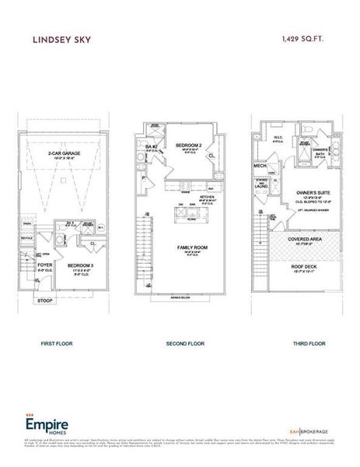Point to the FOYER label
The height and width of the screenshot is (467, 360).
click(x=44, y=265)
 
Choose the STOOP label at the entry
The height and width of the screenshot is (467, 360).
click(x=44, y=300)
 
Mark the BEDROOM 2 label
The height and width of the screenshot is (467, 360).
click(x=189, y=146)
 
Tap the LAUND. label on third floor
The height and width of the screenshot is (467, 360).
click(x=261, y=187)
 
